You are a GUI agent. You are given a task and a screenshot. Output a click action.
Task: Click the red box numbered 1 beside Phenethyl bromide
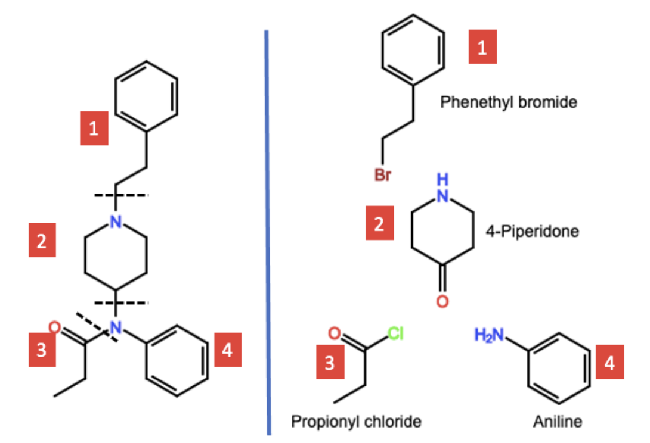click(482, 48)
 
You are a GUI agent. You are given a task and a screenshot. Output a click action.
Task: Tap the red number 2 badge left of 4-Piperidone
click(380, 224)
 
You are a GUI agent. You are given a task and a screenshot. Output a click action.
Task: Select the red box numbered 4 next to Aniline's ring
click(609, 363)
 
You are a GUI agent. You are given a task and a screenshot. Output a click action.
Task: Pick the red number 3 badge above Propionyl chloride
click(330, 363)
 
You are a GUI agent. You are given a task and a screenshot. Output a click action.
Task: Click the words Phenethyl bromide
click(509, 102)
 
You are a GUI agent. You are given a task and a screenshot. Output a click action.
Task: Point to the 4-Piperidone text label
click(533, 232)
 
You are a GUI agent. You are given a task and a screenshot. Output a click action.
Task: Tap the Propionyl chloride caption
click(356, 422)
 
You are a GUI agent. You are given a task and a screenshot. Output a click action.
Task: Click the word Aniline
click(558, 422)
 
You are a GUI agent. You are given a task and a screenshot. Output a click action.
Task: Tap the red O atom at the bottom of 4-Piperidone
click(442, 302)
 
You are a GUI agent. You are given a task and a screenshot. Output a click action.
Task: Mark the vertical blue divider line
click(268, 232)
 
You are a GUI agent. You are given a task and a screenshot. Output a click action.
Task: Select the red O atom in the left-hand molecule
click(54, 327)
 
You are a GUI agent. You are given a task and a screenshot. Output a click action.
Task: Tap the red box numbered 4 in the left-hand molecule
click(227, 351)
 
